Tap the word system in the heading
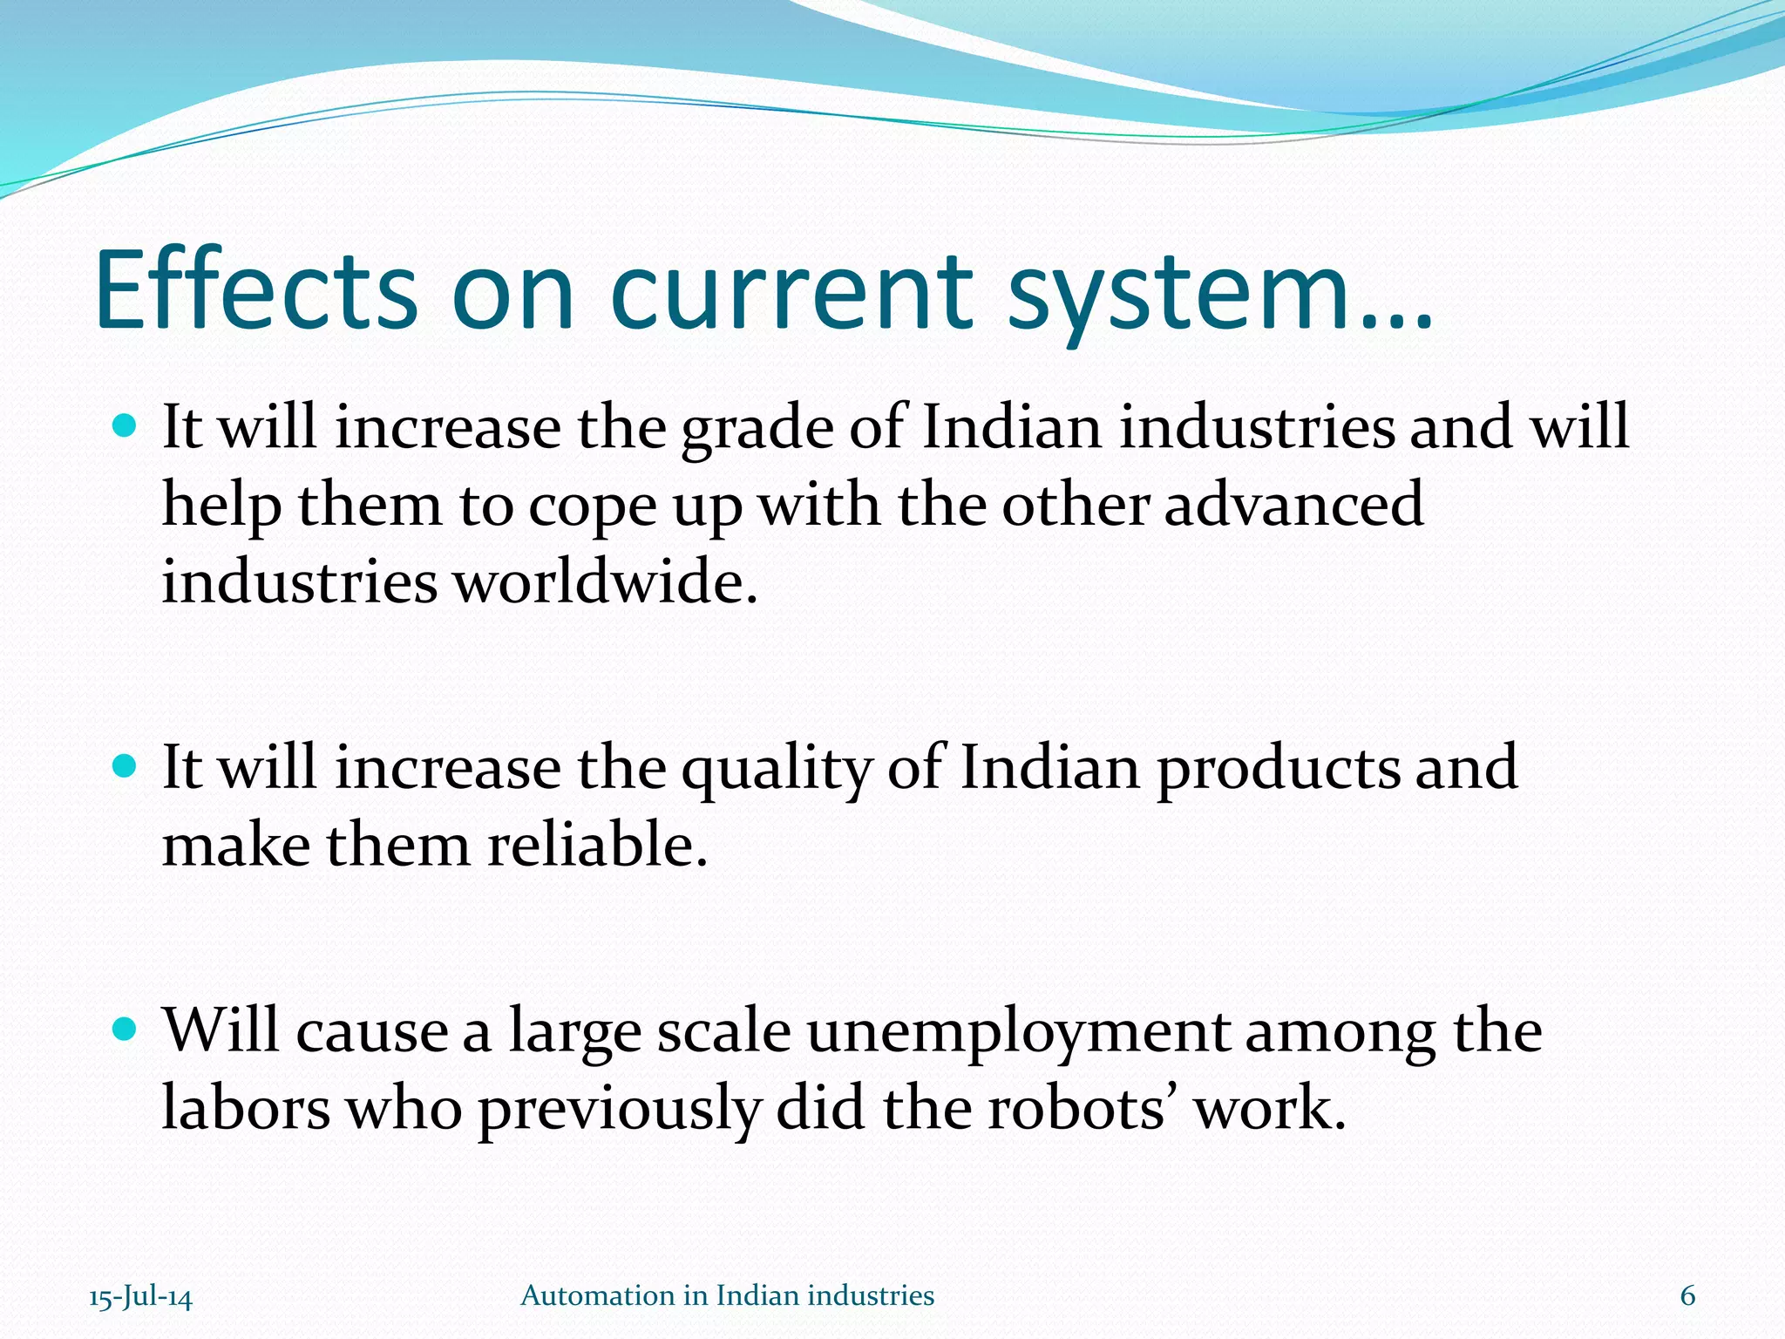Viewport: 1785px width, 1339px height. (1172, 293)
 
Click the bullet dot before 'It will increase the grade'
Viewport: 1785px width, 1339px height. (126, 426)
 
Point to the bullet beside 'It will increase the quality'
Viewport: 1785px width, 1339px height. (126, 766)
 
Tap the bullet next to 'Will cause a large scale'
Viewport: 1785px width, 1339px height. (126, 1030)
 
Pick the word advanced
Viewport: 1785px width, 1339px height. (1293, 505)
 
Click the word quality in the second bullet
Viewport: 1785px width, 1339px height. (776, 771)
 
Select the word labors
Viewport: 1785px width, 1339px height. (247, 1109)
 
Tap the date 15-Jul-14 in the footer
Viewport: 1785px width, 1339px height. (140, 1297)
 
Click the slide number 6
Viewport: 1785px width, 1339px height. (1687, 1296)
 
